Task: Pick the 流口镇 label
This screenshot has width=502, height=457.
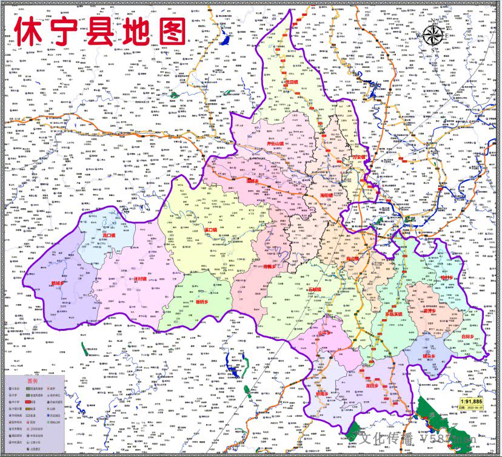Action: coord(109,234)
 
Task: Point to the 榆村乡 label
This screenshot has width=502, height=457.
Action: coord(447,277)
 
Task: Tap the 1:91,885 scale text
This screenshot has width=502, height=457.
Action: coord(471,401)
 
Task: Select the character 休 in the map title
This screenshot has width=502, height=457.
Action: coord(30,30)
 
